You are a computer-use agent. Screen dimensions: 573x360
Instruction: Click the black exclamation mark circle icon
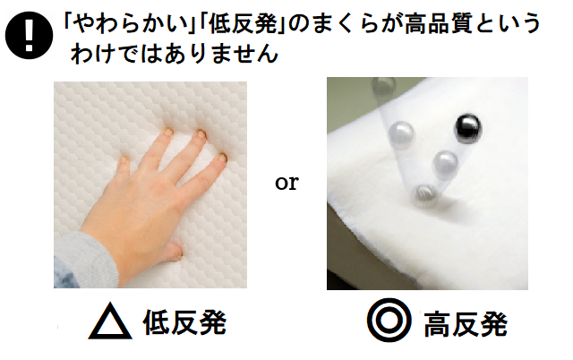click(29, 35)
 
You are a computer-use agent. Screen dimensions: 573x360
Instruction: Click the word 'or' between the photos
click(286, 183)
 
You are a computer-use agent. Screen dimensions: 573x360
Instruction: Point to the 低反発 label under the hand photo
click(184, 322)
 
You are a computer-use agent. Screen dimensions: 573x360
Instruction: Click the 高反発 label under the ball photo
click(466, 324)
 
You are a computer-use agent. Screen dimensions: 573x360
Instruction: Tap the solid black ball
click(467, 128)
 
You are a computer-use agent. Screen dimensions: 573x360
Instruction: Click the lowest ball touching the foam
click(425, 196)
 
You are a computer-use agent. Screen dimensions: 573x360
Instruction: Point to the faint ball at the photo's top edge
click(383, 86)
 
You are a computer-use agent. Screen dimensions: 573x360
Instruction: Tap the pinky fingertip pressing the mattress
click(124, 160)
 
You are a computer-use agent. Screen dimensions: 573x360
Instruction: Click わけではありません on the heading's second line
click(175, 54)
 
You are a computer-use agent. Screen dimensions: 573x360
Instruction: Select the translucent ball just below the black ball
click(444, 164)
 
